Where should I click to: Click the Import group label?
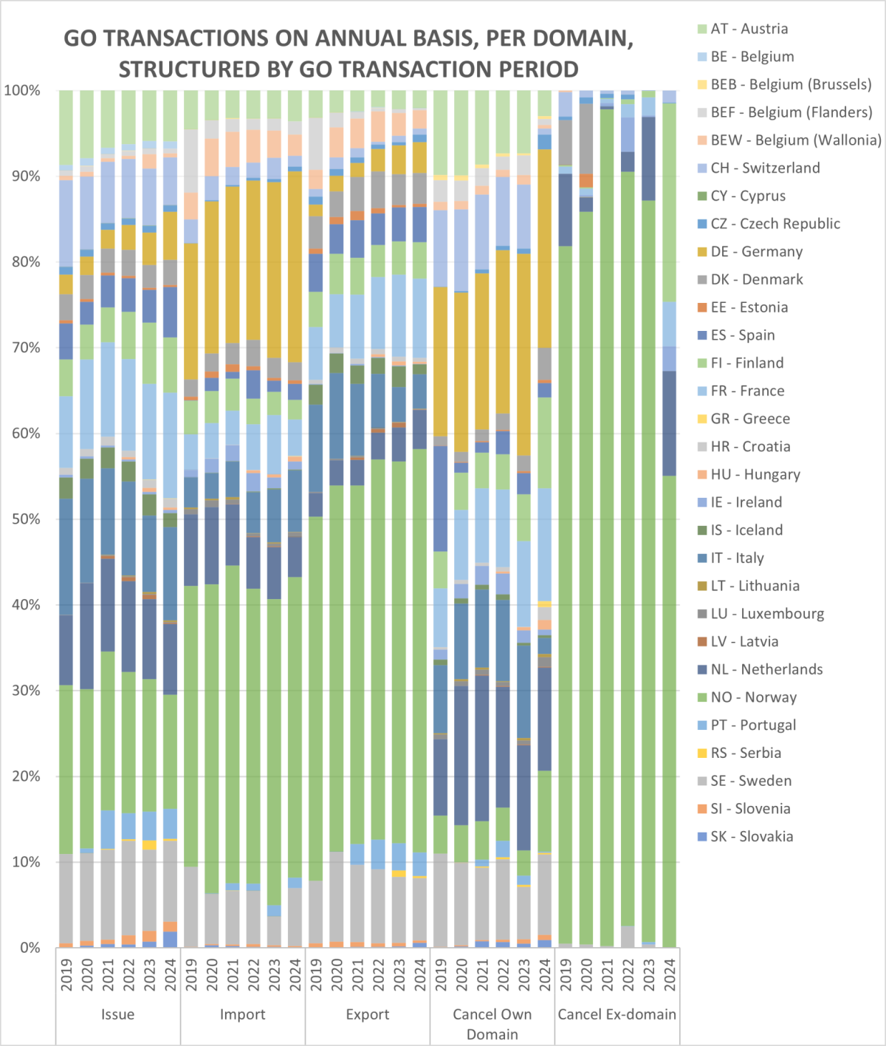[x=243, y=1015]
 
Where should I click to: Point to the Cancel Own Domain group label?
[x=492, y=1024]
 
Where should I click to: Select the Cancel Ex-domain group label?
[x=617, y=1015]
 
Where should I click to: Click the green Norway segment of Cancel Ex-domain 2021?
[x=607, y=517]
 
